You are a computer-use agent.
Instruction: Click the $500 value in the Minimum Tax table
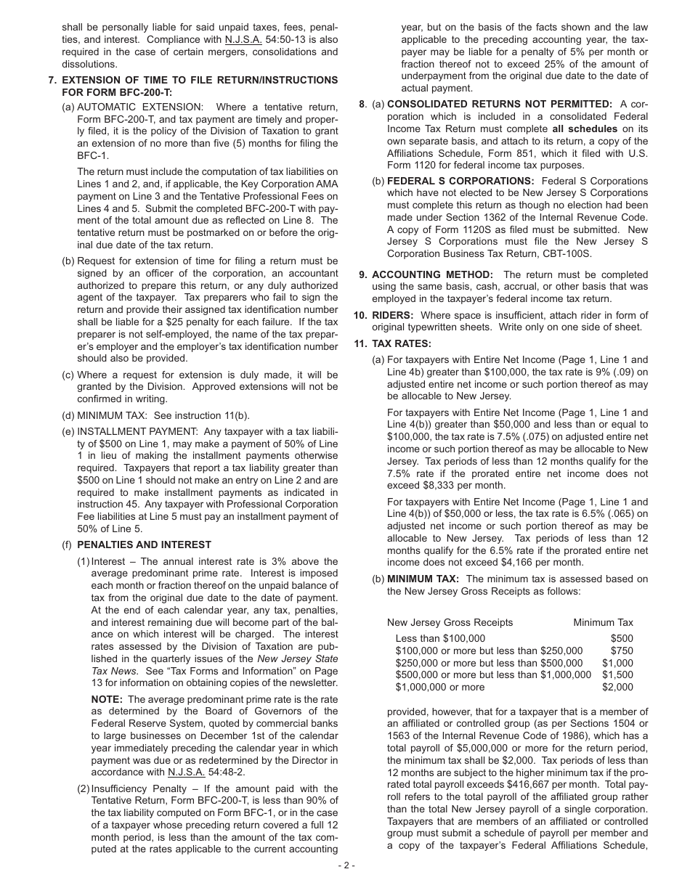click(622, 639)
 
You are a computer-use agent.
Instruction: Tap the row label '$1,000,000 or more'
click(439, 687)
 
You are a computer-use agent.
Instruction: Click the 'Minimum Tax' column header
click(603, 622)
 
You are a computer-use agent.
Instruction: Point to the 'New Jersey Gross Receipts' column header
click(450, 622)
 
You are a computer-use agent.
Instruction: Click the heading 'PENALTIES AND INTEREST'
click(144, 545)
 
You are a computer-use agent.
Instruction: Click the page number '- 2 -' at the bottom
click(346, 865)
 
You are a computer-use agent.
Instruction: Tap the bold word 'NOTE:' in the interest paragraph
click(107, 699)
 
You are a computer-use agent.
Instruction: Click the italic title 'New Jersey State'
click(298, 658)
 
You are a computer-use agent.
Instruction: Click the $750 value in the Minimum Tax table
click(622, 651)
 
